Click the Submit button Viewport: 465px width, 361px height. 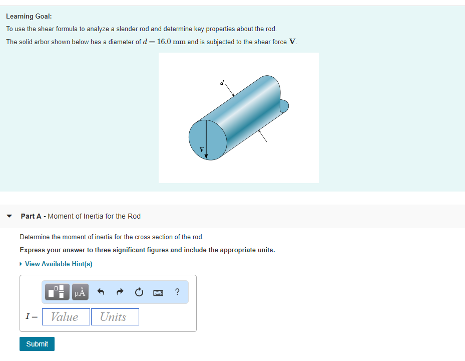point(37,344)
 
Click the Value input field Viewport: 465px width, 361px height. point(66,317)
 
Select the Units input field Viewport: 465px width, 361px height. point(115,317)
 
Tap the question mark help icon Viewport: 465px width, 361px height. point(177,292)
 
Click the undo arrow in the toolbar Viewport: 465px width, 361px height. point(101,292)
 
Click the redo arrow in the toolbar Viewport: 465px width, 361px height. point(120,292)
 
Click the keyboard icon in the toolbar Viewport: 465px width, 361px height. point(159,292)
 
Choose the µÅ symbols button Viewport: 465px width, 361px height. point(80,292)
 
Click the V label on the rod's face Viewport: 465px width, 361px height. point(202,149)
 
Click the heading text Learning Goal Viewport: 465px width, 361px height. point(29,16)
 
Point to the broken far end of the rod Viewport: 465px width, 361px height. point(283,106)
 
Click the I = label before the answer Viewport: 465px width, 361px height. point(31,317)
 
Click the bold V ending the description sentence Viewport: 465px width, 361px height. point(292,42)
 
